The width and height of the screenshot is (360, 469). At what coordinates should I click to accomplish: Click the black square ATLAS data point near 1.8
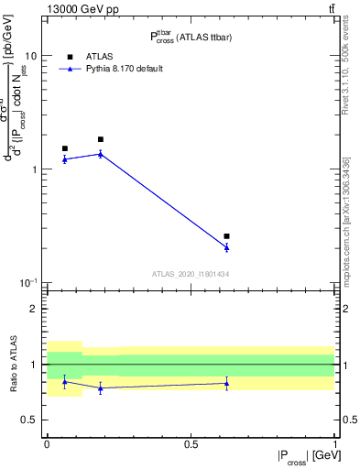(x=101, y=139)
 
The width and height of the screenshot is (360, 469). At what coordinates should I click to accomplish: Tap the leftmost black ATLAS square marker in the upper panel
(x=65, y=148)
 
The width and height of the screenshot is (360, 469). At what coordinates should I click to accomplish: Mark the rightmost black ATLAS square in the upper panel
(x=226, y=236)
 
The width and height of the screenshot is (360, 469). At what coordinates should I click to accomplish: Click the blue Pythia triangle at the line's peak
(x=101, y=154)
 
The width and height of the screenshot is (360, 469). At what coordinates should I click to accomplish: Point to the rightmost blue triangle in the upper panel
(x=226, y=247)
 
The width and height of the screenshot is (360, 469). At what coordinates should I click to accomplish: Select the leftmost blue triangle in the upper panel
(x=65, y=159)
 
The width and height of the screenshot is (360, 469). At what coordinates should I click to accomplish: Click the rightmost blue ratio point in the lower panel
(x=226, y=383)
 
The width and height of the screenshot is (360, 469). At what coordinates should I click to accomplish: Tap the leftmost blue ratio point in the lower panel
(x=65, y=381)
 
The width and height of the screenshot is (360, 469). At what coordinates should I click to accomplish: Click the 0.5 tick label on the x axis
(x=191, y=444)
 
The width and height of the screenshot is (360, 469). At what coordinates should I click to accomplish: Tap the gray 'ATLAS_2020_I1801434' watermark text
(x=190, y=274)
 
